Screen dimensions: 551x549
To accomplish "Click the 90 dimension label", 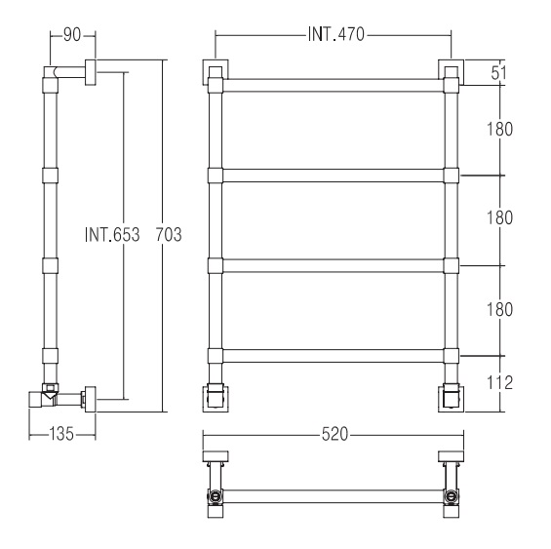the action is point(72,35).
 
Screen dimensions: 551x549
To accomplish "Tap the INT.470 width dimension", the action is point(335,34).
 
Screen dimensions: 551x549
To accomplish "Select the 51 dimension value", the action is point(499,73).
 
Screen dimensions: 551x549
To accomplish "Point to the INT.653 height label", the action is point(112,234).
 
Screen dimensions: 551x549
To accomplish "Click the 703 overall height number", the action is point(169,234).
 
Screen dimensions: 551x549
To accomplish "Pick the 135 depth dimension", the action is point(61,434).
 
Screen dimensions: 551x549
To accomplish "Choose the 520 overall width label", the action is point(335,434).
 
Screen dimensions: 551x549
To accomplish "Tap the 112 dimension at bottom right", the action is point(499,382).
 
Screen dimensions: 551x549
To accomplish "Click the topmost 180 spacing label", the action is point(499,129).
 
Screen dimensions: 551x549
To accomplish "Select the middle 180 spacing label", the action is point(499,217).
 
